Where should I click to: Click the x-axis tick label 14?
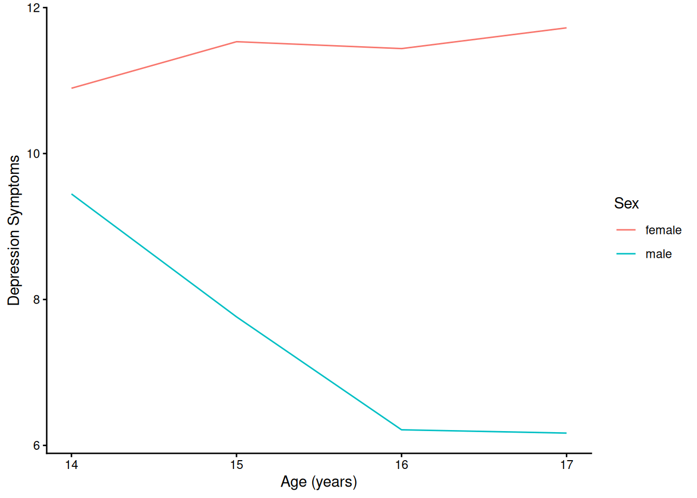(x=72, y=465)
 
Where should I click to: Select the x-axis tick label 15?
(x=236, y=465)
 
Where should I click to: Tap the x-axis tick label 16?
(x=401, y=465)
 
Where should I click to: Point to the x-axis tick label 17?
(x=566, y=465)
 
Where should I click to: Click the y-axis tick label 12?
(x=34, y=8)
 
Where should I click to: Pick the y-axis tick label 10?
(x=34, y=154)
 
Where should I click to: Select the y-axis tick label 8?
(x=36, y=300)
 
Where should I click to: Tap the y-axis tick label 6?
(x=36, y=446)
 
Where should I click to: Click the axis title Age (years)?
(x=318, y=482)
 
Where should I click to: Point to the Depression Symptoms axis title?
(x=14, y=230)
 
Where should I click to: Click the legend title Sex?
(x=626, y=203)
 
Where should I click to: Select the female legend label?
(x=663, y=230)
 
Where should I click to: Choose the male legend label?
(x=658, y=254)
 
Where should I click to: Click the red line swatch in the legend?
(x=626, y=230)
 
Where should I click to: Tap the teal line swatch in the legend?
(x=626, y=254)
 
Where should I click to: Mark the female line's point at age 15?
(x=236, y=41)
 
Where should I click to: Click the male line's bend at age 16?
(x=401, y=430)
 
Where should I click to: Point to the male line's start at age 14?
(x=72, y=194)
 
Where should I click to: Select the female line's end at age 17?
(x=566, y=27)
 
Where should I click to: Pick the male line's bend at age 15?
(x=236, y=316)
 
